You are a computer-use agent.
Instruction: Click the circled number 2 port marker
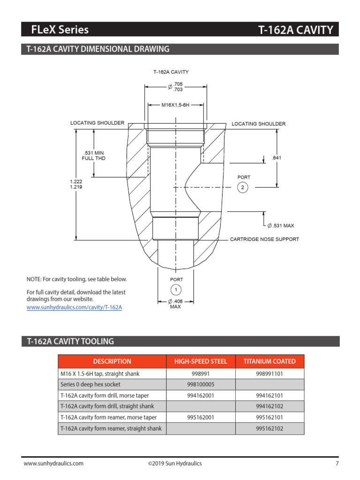242,187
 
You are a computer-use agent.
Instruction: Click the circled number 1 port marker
175,290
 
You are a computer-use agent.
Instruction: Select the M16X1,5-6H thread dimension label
175,105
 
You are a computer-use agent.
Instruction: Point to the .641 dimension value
277,158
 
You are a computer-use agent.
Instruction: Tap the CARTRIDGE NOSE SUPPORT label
264,239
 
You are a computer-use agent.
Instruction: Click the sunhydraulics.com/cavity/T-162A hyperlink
74,307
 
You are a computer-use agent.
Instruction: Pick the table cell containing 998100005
201,384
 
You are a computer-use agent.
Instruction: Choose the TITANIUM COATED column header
270,361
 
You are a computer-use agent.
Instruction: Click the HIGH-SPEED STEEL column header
201,361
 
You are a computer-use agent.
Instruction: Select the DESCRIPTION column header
112,361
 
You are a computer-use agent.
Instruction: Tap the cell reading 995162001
201,417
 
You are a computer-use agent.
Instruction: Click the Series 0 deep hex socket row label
90,384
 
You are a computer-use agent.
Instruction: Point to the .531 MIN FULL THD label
94,156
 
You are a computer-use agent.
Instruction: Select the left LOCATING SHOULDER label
97,123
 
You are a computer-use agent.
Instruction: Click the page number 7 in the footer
337,464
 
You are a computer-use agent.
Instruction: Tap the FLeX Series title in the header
60,30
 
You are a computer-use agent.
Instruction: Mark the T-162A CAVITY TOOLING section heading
70,341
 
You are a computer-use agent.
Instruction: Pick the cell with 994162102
270,406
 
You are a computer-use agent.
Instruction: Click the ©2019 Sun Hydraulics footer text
174,464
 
